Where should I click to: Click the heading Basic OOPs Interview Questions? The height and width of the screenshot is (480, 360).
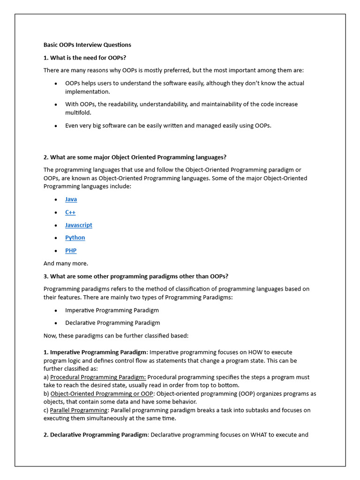87,45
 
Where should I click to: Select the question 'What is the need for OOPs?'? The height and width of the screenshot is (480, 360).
85,58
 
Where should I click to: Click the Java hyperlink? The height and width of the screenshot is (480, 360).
71,199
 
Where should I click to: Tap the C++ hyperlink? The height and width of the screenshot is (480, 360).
70,212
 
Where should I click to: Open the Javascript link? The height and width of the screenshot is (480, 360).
79,225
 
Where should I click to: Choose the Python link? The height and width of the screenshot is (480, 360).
75,238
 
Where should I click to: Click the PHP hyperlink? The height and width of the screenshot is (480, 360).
71,251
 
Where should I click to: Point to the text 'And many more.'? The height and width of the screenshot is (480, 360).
66,263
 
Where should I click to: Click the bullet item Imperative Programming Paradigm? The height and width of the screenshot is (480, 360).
112,310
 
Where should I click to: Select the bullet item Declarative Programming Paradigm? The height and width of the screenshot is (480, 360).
112,323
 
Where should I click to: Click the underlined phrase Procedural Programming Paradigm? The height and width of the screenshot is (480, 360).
98,377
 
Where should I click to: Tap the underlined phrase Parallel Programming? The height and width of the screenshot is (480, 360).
79,410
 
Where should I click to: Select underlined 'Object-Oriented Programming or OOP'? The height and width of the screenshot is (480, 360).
98,394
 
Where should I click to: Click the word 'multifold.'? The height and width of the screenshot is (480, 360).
78,113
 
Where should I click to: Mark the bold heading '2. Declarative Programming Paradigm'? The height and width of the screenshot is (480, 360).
96,435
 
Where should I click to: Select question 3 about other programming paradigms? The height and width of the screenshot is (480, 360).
136,276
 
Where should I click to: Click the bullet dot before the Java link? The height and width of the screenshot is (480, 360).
56,200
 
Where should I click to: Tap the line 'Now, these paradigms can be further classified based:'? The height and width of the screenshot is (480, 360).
116,336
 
